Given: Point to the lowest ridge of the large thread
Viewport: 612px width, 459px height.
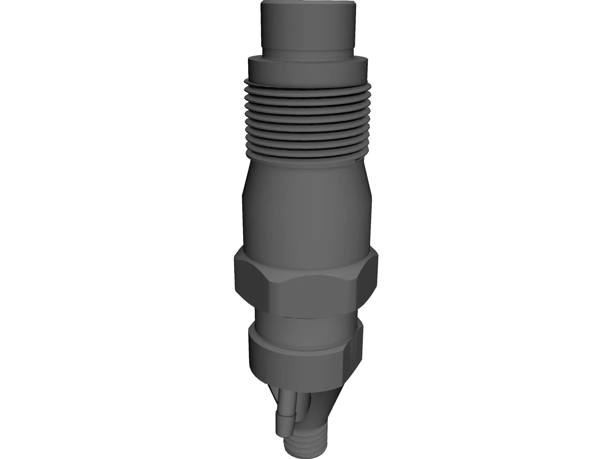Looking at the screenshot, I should click(x=306, y=154).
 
